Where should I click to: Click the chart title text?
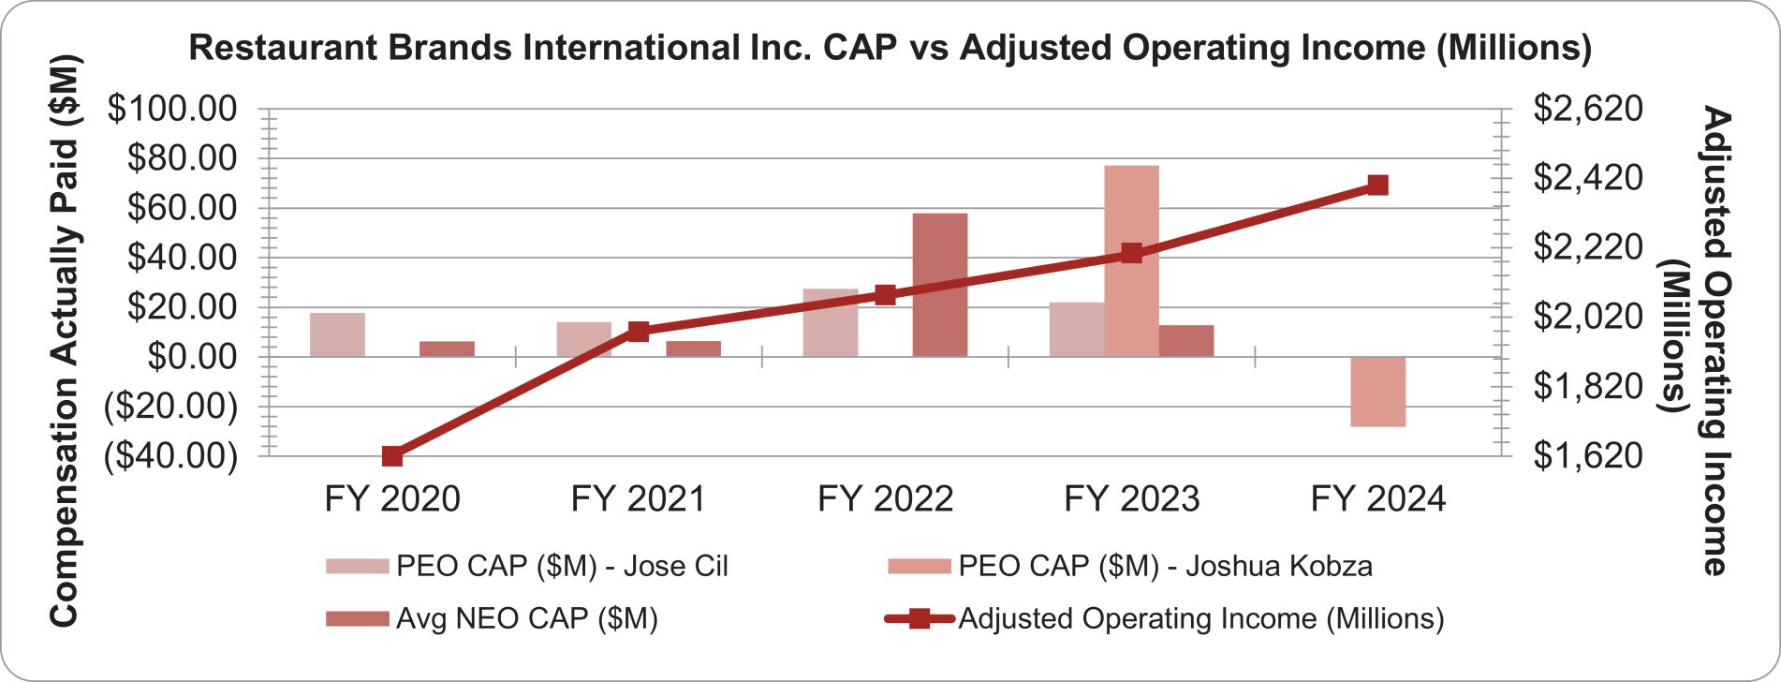click(890, 47)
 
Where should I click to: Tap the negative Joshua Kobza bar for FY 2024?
click(1377, 392)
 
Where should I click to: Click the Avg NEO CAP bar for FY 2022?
click(939, 285)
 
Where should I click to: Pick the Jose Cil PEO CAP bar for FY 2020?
click(337, 334)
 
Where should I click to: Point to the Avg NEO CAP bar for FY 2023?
click(1185, 340)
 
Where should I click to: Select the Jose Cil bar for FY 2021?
click(583, 339)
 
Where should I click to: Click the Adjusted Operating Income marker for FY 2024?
click(1376, 185)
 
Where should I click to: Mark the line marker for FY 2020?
click(392, 456)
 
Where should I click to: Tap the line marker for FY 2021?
click(639, 331)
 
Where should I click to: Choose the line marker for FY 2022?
click(885, 295)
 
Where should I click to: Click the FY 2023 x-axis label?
click(1131, 499)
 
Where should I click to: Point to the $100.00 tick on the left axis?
click(171, 109)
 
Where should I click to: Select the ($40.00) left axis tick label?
click(171, 456)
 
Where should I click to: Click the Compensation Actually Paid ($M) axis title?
click(64, 341)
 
